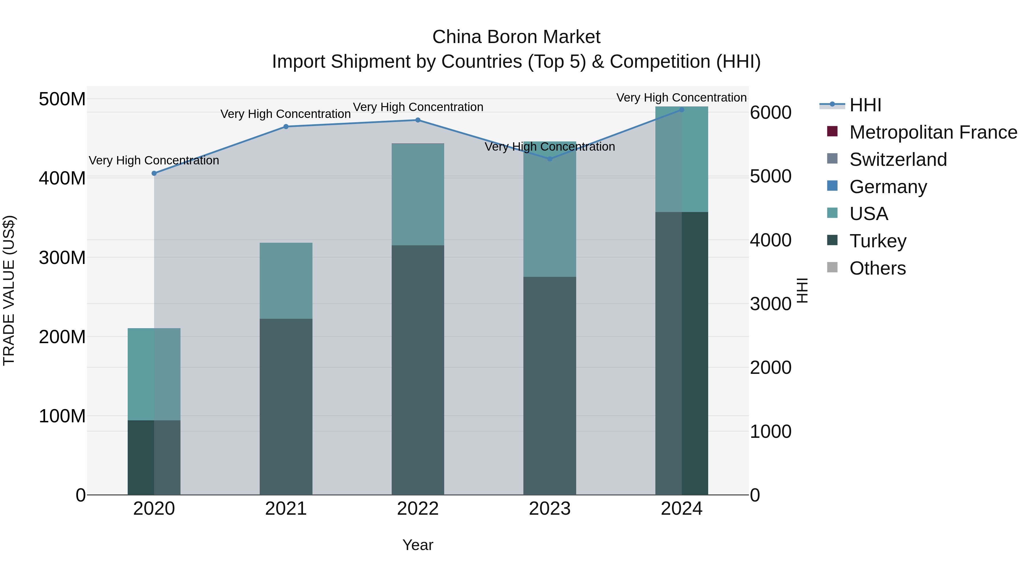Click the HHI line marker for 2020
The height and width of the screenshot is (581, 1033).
pyautogui.click(x=154, y=173)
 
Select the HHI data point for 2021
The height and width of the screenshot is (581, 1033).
pyautogui.click(x=286, y=127)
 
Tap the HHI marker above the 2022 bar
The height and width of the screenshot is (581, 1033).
pyautogui.click(x=418, y=120)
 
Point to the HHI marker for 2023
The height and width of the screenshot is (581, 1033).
pyautogui.click(x=550, y=159)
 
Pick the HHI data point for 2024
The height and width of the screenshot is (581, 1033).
pyautogui.click(x=682, y=110)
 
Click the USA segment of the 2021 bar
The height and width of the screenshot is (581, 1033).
pyautogui.click(x=286, y=281)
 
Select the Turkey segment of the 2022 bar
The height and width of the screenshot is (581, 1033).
pyautogui.click(x=418, y=369)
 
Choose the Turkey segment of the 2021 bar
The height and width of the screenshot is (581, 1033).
pyautogui.click(x=286, y=405)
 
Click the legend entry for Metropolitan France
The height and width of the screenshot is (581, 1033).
pyautogui.click(x=933, y=132)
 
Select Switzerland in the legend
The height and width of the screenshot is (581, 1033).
pyautogui.click(x=898, y=160)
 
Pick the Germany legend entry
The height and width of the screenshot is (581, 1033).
pyautogui.click(x=888, y=187)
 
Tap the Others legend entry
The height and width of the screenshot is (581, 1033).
pyautogui.click(x=877, y=268)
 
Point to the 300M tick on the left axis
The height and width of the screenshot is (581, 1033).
pyautogui.click(x=62, y=257)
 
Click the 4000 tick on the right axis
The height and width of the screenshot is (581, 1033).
pyautogui.click(x=770, y=240)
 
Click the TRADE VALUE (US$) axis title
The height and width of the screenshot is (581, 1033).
pyautogui.click(x=9, y=290)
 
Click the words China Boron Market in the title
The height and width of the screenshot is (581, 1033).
pyautogui.click(x=516, y=37)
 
